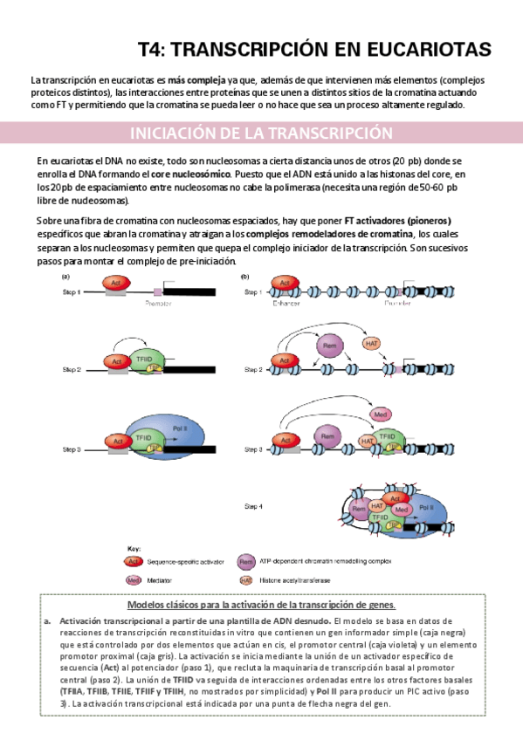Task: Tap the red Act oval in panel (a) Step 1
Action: [115, 284]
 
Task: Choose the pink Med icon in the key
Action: [133, 579]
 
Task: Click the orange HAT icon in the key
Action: [248, 579]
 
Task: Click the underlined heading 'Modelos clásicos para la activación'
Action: [261, 604]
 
